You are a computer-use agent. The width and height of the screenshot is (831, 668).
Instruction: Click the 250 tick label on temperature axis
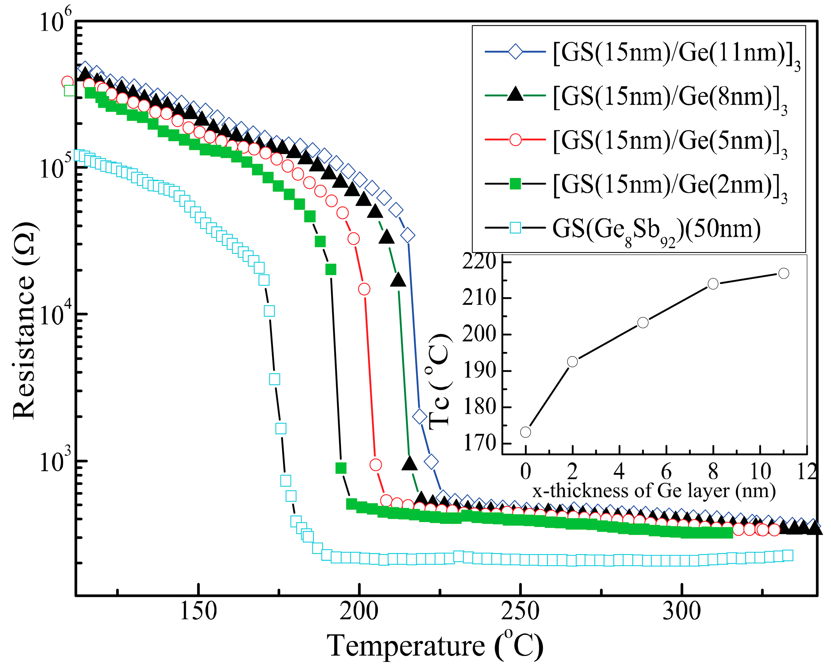coord(520,611)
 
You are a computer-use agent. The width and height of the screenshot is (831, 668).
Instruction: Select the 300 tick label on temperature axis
coord(681,611)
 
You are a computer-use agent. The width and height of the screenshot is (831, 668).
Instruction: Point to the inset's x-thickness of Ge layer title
coord(654,491)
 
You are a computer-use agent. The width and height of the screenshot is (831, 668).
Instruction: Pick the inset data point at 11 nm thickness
coord(783,273)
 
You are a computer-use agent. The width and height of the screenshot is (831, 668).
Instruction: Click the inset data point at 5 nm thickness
coord(643,322)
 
